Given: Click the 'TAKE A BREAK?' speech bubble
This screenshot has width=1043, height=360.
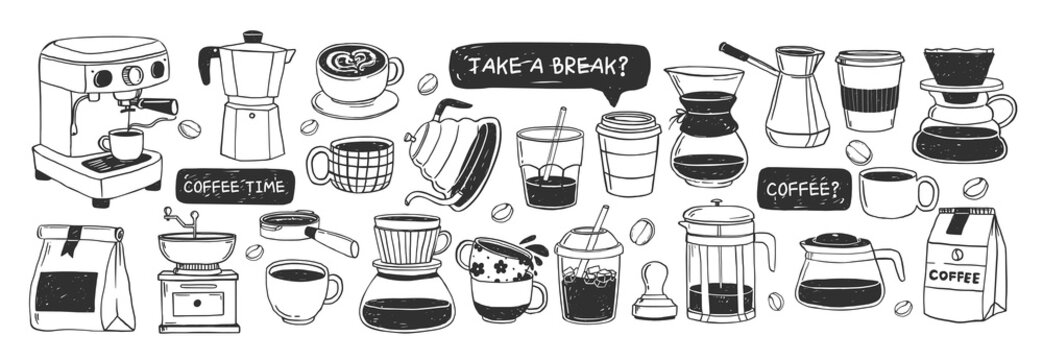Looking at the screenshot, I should (548, 66).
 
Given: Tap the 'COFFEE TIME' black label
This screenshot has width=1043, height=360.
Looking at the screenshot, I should (236, 186).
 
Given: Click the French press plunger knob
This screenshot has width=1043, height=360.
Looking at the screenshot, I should (717, 207).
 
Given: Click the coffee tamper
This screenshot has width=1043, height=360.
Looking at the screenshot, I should (655, 291).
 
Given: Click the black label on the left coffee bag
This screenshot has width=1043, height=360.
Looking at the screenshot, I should (68, 291).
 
